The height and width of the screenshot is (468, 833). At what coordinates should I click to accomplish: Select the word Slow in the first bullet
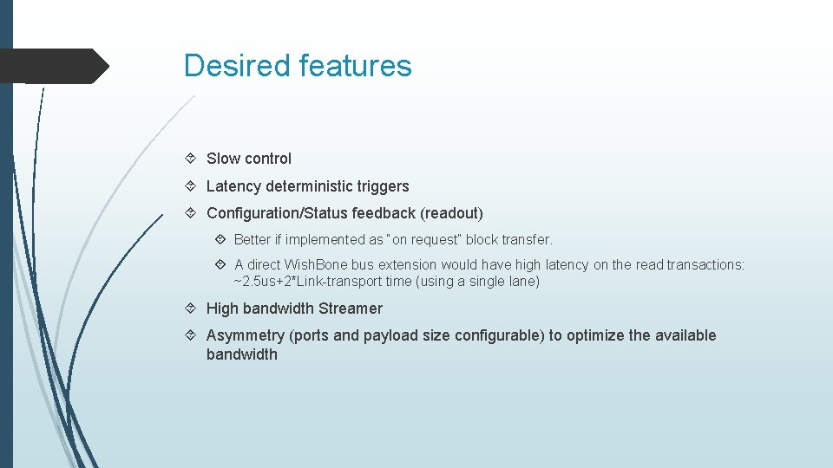223,159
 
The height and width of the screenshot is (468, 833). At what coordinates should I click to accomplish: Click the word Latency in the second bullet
233,186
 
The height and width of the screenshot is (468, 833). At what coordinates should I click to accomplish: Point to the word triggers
383,186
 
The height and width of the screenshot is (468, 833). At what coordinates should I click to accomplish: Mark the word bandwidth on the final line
241,354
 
